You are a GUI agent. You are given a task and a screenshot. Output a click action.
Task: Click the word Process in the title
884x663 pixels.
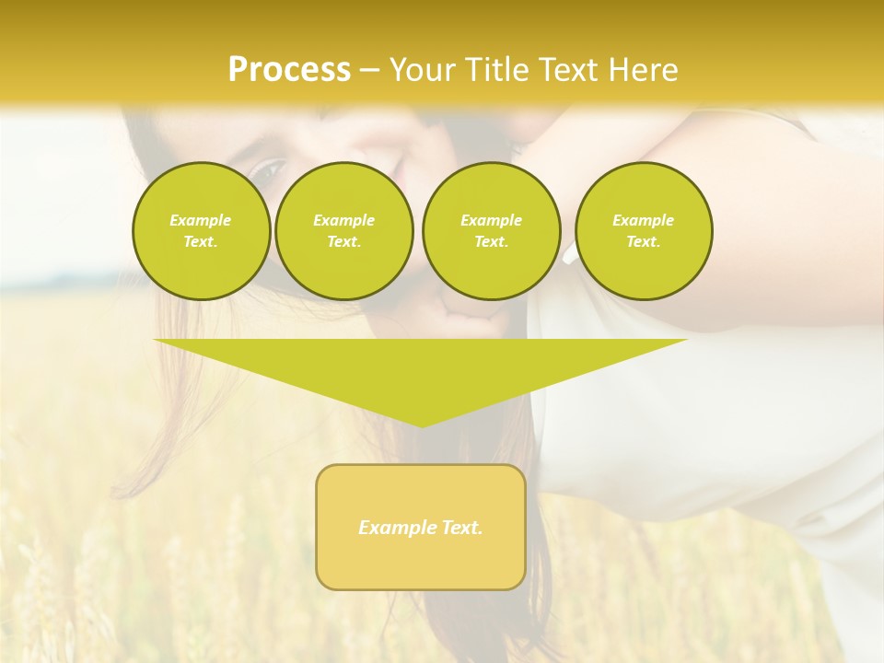(289, 70)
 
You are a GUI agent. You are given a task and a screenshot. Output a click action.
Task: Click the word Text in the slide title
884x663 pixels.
(572, 70)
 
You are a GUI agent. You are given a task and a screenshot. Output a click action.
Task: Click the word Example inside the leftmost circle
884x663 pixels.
(201, 220)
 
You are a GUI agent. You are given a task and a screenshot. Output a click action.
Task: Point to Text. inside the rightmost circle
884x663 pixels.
(644, 241)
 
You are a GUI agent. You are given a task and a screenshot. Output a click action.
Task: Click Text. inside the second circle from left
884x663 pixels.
(343, 241)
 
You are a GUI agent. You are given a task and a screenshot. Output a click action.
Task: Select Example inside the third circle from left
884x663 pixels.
(491, 220)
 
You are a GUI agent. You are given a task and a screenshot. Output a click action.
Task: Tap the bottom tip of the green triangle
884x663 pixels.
(421, 425)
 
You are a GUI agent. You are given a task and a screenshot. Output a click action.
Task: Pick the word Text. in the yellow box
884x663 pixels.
(461, 528)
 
